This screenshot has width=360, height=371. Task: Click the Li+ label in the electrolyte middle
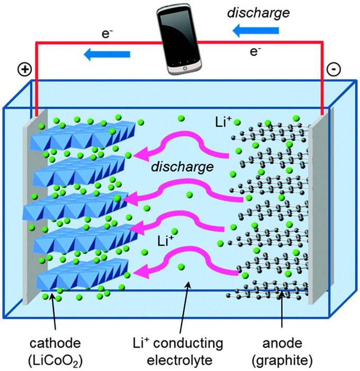[166, 241]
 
